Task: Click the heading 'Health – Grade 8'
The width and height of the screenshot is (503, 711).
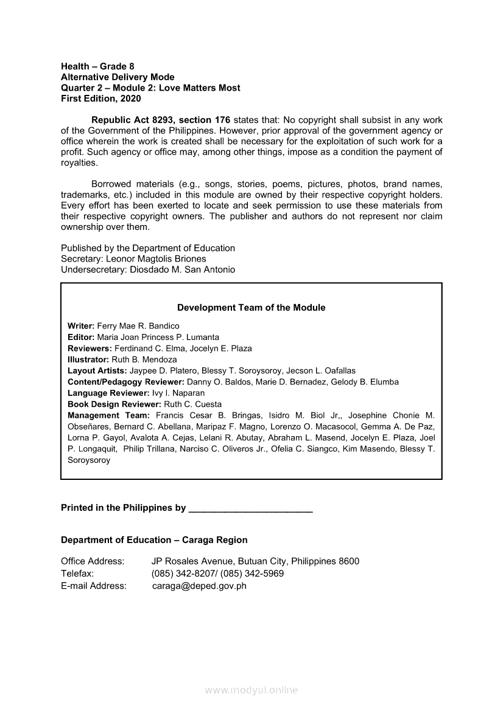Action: tap(97, 66)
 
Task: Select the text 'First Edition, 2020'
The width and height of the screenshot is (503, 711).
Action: tap(100, 99)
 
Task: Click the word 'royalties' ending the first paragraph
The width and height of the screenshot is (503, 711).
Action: tap(79, 163)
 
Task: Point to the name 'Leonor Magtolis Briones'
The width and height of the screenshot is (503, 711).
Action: tap(157, 258)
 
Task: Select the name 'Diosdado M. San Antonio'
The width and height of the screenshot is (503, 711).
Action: tap(183, 269)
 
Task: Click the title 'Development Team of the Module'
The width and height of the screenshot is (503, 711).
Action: tap(251, 308)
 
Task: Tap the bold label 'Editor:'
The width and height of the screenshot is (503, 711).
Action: tap(81, 337)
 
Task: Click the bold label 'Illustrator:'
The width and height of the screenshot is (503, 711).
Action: tap(88, 359)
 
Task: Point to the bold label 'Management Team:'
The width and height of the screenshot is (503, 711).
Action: tap(108, 415)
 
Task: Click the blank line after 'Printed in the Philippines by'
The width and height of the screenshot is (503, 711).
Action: tap(251, 508)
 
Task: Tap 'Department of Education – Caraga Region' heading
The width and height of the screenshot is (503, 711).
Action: tap(154, 540)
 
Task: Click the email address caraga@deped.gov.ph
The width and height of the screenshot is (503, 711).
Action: tap(199, 586)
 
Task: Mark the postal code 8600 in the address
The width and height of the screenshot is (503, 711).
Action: tap(350, 561)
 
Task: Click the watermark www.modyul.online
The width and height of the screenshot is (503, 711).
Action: tap(251, 690)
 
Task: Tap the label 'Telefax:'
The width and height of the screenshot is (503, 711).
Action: tap(77, 574)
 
